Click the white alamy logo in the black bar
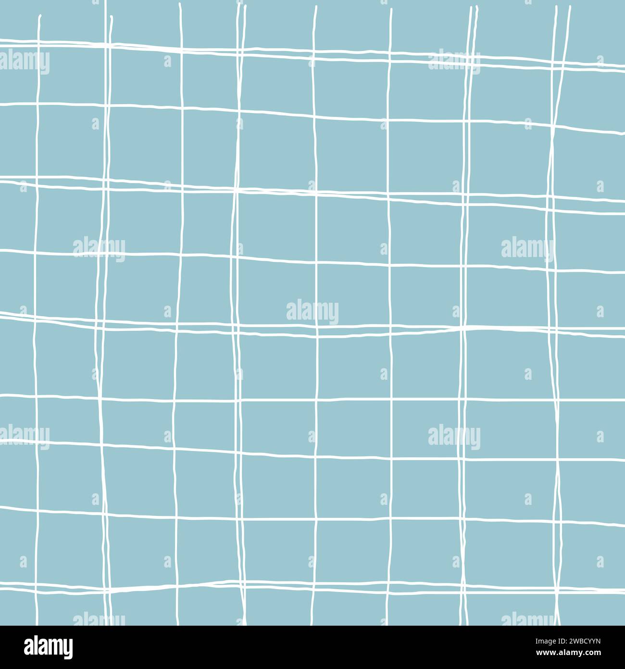[48, 646]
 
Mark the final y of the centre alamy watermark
[334, 314]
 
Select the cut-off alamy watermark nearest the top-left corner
[24, 62]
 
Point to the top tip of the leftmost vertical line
[40, 16]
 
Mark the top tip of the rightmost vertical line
[570, 7]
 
